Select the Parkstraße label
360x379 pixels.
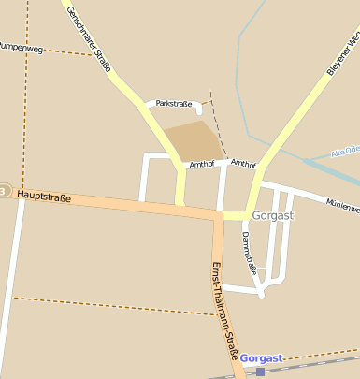(174, 103)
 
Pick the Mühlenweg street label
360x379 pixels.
(342, 205)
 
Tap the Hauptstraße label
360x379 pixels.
(44, 197)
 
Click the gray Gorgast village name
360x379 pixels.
(273, 215)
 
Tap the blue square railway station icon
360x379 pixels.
(260, 372)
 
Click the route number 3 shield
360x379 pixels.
(4, 191)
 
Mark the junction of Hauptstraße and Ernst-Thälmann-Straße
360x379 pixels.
(218, 215)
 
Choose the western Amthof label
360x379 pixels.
(202, 164)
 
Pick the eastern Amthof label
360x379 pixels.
(243, 163)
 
